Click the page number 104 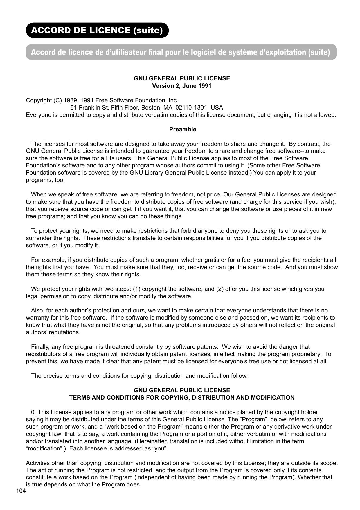[x=21, y=491]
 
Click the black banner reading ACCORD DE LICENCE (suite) [x=97, y=30]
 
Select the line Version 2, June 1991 [x=182, y=86]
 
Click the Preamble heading [x=183, y=129]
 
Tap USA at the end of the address [x=217, y=108]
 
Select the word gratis [x=211, y=260]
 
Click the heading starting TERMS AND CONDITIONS [x=182, y=398]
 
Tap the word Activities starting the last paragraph [x=38, y=463]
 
